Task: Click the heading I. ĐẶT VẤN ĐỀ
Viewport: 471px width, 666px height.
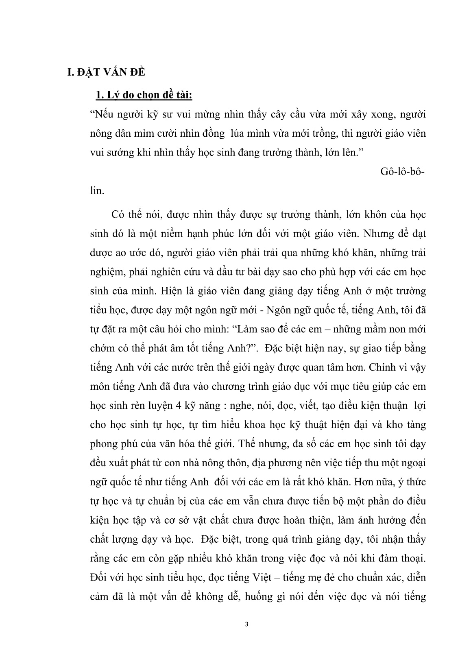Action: click(x=100, y=73)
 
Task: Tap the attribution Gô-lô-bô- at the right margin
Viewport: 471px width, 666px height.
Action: click(x=401, y=171)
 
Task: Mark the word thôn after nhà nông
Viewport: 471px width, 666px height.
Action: click(x=248, y=463)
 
